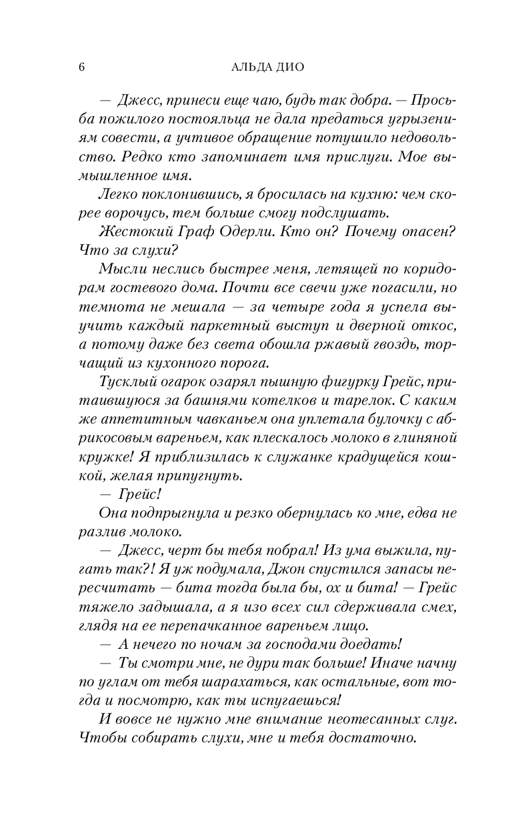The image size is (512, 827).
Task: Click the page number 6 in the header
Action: point(81,67)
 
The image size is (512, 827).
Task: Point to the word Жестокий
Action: point(126,232)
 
